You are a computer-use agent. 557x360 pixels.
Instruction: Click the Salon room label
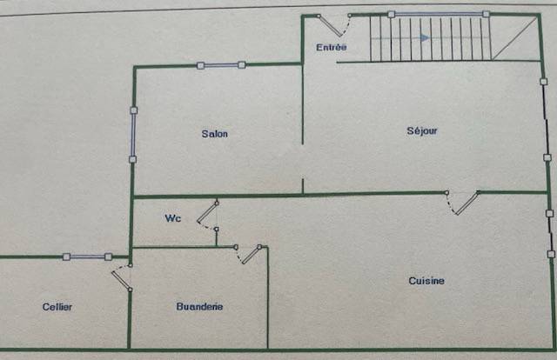click(x=215, y=134)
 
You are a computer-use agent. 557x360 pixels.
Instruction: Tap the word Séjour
click(x=422, y=131)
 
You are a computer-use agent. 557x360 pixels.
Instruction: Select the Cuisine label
click(x=426, y=281)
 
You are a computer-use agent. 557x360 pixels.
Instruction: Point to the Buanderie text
click(x=199, y=306)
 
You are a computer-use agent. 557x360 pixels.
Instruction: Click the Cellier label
click(x=57, y=307)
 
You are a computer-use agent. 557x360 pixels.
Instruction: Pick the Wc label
click(x=173, y=218)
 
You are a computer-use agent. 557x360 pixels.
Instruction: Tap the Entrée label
click(x=332, y=47)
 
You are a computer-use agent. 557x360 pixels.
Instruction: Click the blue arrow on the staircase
click(x=424, y=37)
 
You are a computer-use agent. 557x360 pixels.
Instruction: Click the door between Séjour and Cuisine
click(x=463, y=203)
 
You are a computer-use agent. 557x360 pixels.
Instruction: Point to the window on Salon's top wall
click(x=221, y=65)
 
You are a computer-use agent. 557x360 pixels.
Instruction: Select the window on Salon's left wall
click(x=133, y=135)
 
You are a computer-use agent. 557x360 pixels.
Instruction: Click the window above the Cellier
click(x=87, y=257)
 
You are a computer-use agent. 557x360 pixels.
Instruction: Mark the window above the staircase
click(x=439, y=14)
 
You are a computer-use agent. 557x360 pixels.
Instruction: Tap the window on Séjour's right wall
click(x=546, y=119)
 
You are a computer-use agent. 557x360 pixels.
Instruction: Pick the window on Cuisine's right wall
click(x=550, y=234)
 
